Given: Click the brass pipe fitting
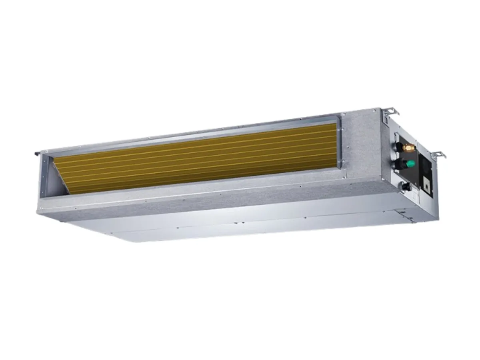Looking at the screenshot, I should (409, 148).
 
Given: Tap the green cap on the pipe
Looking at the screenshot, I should (410, 164).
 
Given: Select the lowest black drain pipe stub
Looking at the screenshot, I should (405, 186).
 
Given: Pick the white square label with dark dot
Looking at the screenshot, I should (428, 187).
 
